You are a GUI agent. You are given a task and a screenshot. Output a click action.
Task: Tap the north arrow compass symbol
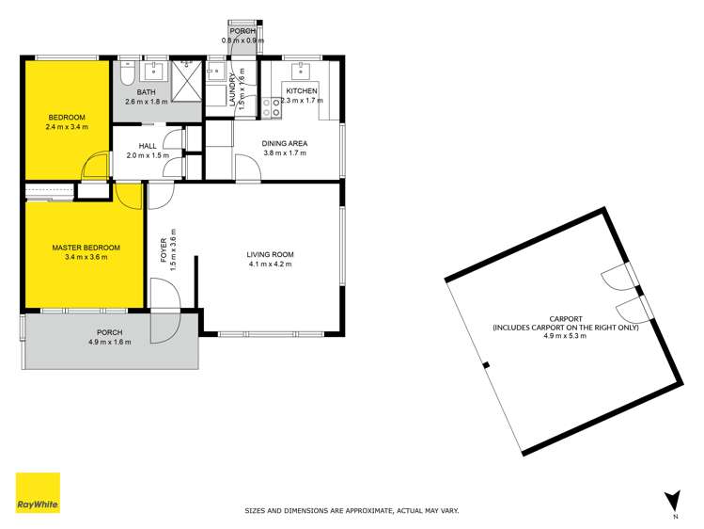(671, 501)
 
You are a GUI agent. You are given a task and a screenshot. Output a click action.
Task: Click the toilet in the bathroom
(126, 74)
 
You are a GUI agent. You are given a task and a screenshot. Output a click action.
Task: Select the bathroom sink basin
(153, 72)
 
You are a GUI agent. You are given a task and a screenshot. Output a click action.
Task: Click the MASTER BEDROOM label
(86, 248)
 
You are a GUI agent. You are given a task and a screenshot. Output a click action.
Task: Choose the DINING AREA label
(285, 143)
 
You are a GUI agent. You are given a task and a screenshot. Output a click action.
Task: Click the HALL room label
(148, 146)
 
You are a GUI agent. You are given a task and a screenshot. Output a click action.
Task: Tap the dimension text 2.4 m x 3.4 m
(68, 126)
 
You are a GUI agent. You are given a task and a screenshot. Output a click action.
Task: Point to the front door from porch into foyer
(162, 326)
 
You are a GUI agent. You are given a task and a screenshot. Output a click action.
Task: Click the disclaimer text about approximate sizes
(352, 510)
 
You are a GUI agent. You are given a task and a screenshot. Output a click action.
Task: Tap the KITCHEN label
(303, 90)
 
